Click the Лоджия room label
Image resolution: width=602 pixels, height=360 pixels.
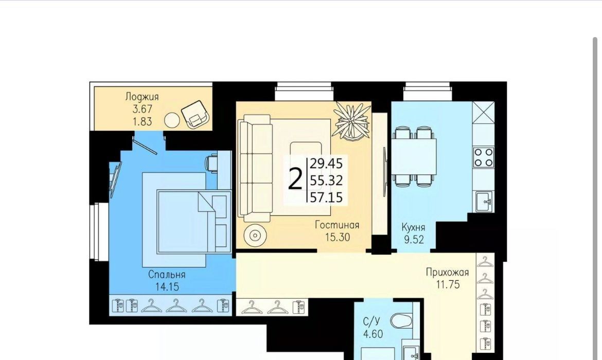(141, 97)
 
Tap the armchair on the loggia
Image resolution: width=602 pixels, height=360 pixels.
(195, 114)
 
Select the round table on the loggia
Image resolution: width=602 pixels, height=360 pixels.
(172, 120)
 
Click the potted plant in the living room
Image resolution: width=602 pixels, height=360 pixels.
(351, 121)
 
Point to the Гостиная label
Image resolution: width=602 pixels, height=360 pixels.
(337, 225)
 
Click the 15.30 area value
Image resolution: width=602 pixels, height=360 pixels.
(338, 237)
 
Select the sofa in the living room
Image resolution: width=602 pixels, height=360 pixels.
(255, 168)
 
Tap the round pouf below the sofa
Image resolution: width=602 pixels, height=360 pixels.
(255, 235)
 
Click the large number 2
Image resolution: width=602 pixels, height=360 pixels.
(295, 179)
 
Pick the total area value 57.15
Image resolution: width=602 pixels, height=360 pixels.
(326, 197)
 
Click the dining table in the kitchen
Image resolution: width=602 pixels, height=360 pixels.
(414, 156)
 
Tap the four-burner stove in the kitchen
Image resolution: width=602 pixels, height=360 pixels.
(483, 157)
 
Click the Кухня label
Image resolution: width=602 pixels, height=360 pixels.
(413, 227)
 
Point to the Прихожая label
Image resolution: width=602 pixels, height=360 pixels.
(447, 272)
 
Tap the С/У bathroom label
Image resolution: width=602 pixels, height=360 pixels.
(371, 321)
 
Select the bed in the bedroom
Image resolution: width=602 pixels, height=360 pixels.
(194, 222)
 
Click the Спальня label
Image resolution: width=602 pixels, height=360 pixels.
(167, 275)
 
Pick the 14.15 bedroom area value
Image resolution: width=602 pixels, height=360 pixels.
(167, 286)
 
